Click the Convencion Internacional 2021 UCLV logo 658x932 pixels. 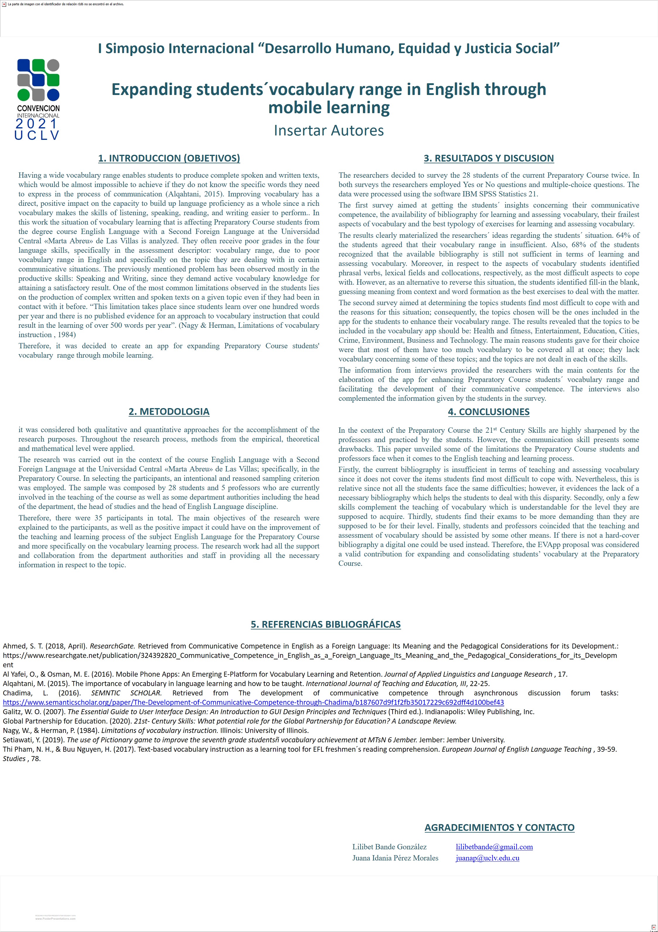(x=38, y=99)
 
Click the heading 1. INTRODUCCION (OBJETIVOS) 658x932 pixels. (x=169, y=158)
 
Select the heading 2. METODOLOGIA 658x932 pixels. (x=169, y=412)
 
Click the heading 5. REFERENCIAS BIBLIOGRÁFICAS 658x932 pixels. (x=325, y=624)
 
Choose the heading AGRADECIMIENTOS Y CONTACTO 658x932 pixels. (x=500, y=828)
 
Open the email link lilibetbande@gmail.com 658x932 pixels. (x=494, y=847)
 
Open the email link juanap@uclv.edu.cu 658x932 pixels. (x=487, y=858)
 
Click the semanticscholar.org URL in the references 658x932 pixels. (x=253, y=702)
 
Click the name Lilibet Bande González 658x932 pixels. (x=389, y=847)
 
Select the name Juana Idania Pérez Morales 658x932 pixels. (x=395, y=858)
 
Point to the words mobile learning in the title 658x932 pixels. (x=329, y=108)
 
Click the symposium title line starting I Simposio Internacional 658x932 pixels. (x=329, y=49)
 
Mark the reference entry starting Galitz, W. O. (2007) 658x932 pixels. (x=269, y=712)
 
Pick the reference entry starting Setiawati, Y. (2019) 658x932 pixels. (x=253, y=740)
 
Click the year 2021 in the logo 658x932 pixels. (x=37, y=124)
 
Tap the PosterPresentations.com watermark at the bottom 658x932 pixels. (x=56, y=919)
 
